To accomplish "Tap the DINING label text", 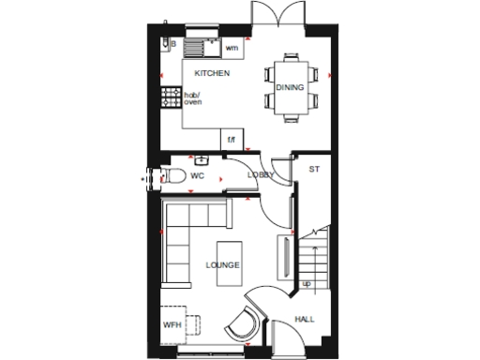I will click(289, 87).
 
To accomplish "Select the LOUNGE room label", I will click(223, 265).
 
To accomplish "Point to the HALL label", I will click(305, 320).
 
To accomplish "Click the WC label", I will click(198, 175).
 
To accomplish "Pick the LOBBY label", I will click(260, 175).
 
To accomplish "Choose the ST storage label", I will click(314, 169).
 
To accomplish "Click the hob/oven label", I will click(192, 97).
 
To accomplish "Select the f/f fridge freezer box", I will click(232, 140).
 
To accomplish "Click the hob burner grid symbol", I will click(171, 97).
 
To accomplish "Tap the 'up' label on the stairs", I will click(306, 282).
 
